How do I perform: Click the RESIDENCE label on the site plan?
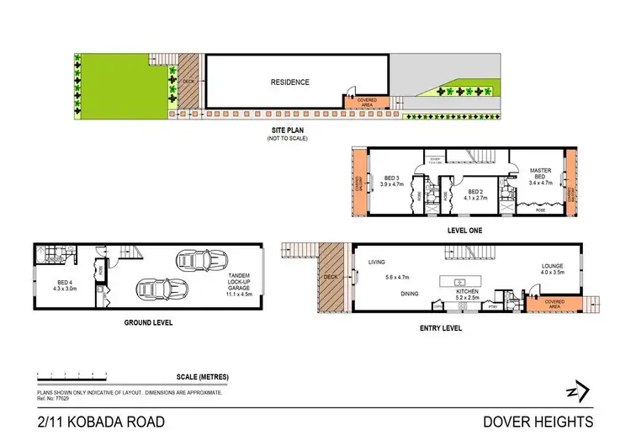click(289, 82)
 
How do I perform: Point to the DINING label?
click(410, 293)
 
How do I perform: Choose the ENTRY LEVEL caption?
click(441, 328)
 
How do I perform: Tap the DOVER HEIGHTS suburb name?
click(539, 422)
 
